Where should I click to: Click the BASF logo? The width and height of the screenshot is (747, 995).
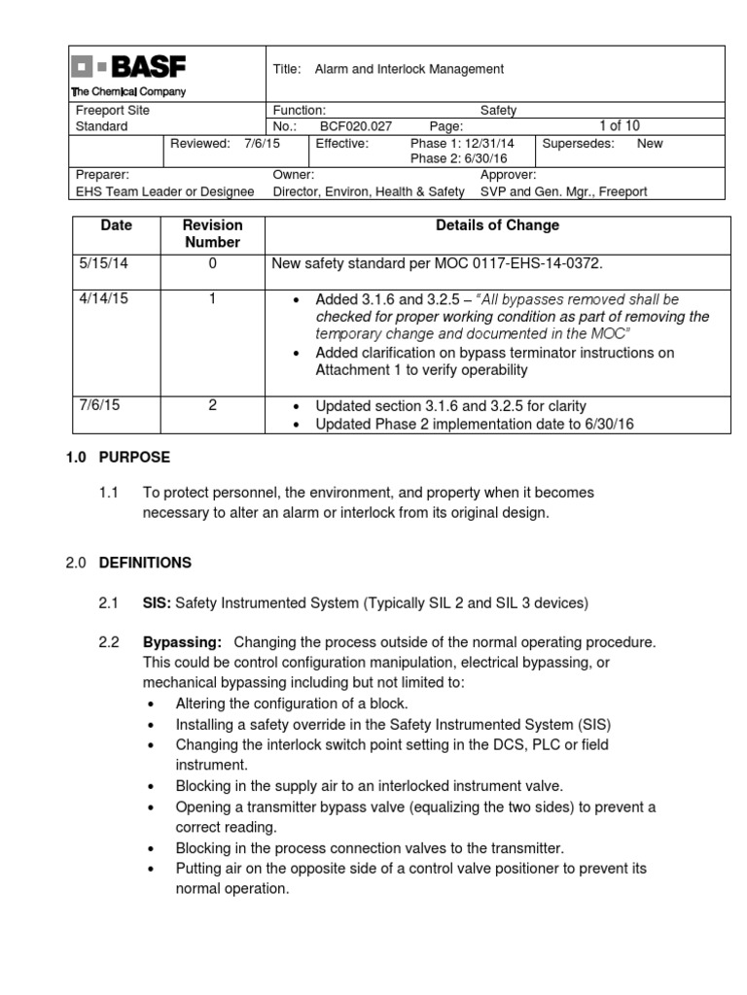pyautogui.click(x=129, y=68)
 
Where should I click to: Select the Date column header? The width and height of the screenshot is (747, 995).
pyautogui.click(x=117, y=225)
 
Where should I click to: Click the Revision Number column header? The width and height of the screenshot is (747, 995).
pyautogui.click(x=212, y=234)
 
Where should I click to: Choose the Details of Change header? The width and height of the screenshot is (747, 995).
pyautogui.click(x=496, y=225)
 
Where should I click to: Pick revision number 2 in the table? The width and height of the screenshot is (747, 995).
pyautogui.click(x=212, y=405)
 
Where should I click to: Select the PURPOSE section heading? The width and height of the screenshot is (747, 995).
pyautogui.click(x=134, y=457)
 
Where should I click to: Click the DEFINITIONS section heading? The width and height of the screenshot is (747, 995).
pyautogui.click(x=145, y=563)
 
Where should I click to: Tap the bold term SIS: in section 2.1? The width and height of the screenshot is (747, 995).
pyautogui.click(x=157, y=603)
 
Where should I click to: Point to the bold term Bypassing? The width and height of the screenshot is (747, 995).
pyautogui.click(x=182, y=642)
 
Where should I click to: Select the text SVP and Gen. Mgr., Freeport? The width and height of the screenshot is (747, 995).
pyautogui.click(x=563, y=191)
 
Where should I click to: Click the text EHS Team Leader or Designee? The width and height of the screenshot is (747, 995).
pyautogui.click(x=165, y=191)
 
